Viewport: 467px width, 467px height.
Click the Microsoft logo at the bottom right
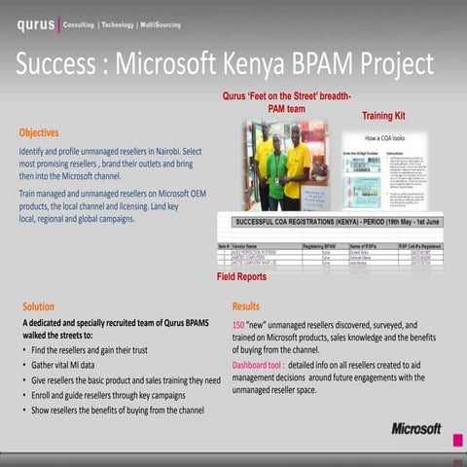(x=415, y=428)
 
